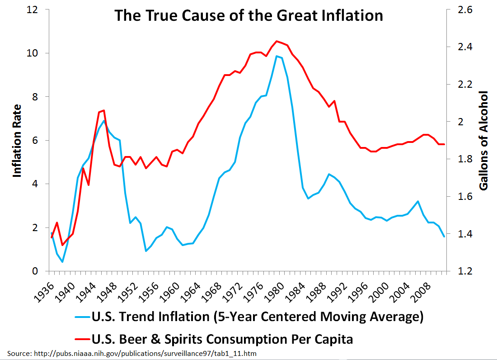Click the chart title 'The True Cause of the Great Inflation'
pos(248,15)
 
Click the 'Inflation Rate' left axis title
pos(17,140)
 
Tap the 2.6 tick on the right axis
pos(459,9)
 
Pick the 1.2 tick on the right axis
pos(459,271)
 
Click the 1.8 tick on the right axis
pos(459,159)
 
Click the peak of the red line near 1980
pos(277,41)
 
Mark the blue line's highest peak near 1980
pos(277,56)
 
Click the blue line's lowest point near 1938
pos(62,262)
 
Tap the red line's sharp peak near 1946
pos(104,110)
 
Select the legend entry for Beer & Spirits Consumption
pos(221,338)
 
